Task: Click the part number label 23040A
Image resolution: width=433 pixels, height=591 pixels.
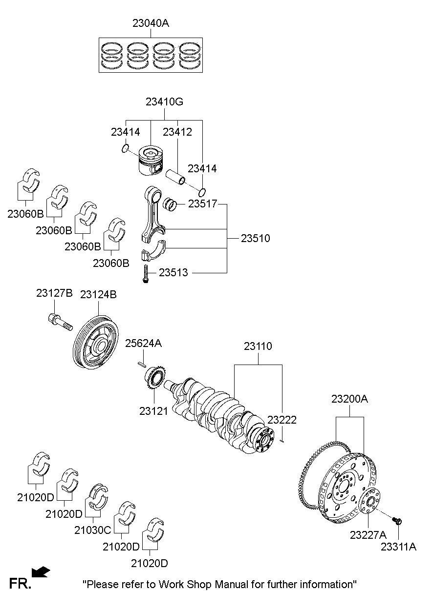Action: click(x=151, y=23)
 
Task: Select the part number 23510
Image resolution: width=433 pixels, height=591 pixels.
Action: click(x=255, y=239)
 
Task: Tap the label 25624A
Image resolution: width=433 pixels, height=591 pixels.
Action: click(x=143, y=344)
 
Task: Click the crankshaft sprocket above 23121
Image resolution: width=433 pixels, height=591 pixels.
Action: click(x=153, y=379)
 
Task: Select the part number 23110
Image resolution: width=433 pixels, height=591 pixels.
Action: click(x=258, y=346)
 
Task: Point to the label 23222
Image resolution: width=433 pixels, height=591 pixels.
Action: click(x=281, y=420)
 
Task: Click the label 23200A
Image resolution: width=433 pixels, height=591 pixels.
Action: click(x=349, y=399)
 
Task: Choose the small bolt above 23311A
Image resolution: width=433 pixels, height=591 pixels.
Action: click(x=398, y=521)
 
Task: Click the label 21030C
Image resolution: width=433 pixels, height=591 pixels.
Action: click(x=93, y=530)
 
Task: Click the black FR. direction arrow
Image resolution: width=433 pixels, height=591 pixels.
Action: click(x=41, y=571)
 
